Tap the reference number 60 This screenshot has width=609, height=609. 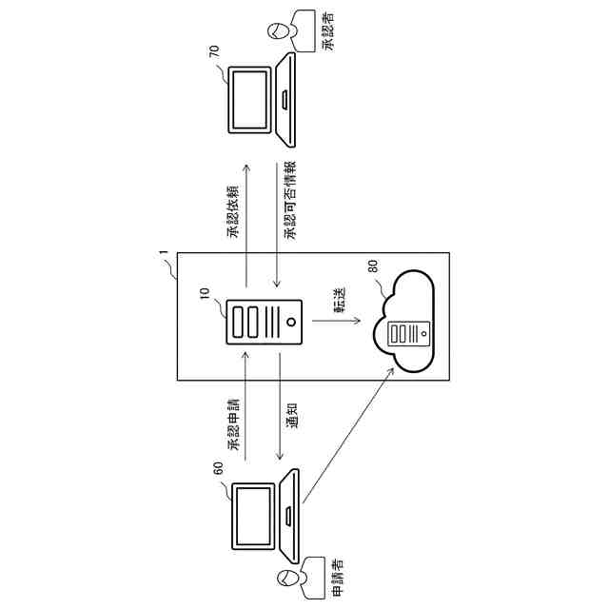[218, 468]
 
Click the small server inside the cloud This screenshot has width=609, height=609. [410, 334]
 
